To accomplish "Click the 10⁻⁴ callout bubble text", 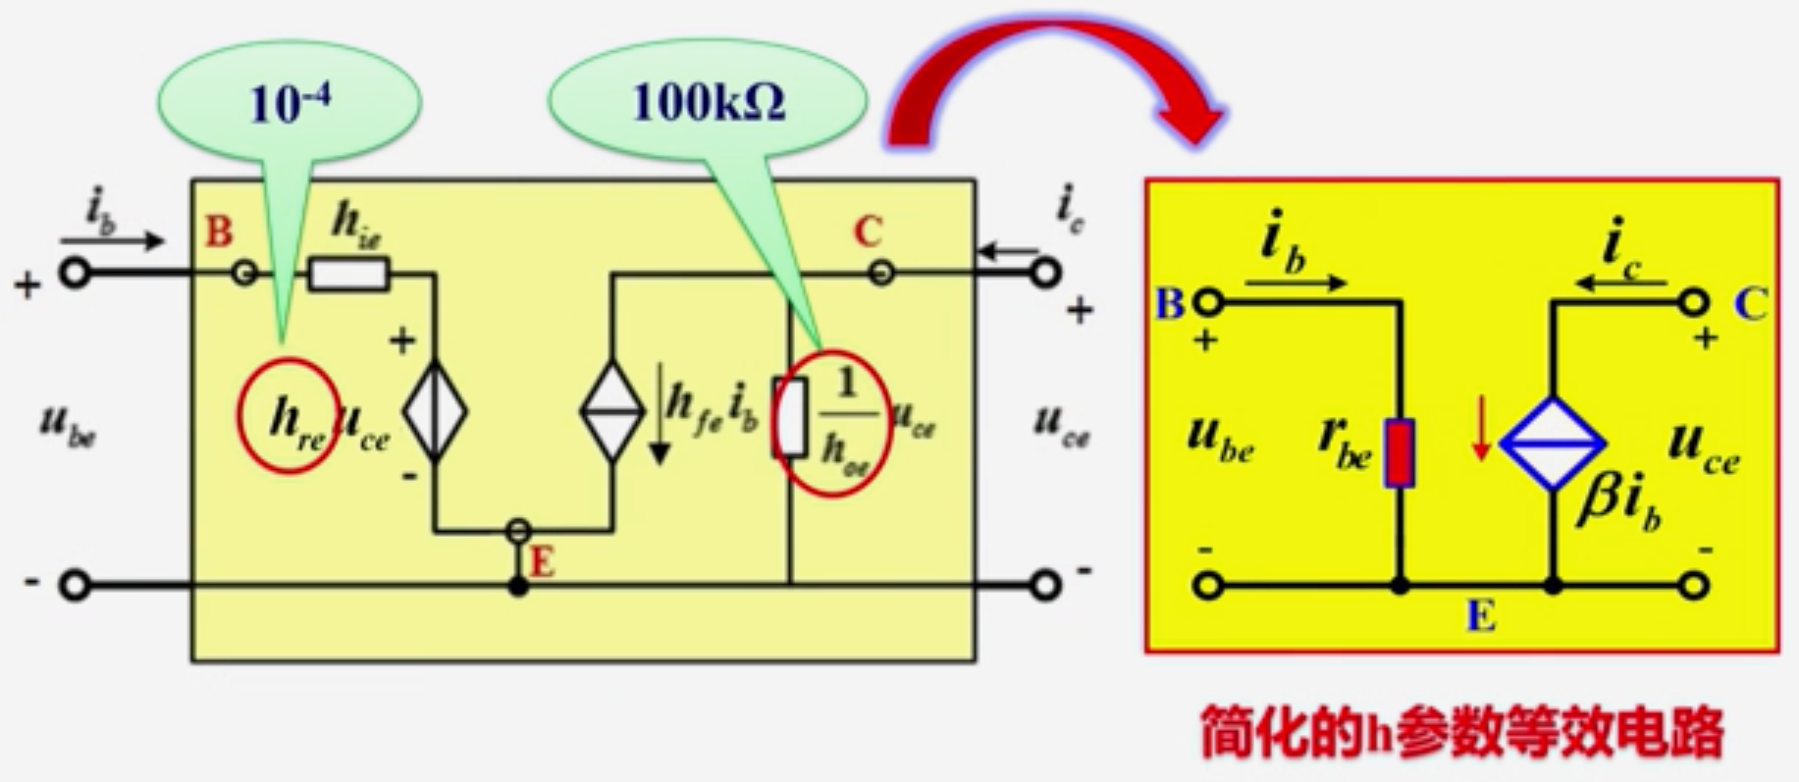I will coord(290,104).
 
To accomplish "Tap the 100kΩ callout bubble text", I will coord(709,101).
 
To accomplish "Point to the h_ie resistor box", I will coord(348,274).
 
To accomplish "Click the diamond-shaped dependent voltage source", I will coord(435,411).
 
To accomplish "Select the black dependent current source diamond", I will coord(611,411).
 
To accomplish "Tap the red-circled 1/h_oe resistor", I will coord(791,417).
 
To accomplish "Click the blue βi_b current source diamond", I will coord(1553,444).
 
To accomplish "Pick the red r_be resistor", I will coord(1400,452).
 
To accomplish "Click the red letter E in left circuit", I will coord(542,562).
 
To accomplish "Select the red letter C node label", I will coord(867,233).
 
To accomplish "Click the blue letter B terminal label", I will coord(1169,304).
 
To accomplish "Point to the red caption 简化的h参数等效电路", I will coord(1462,731).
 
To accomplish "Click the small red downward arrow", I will coord(1481,441).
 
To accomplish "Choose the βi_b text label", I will coord(1619,503).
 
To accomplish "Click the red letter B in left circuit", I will coord(219,233).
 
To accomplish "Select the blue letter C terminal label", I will coord(1750,305).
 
